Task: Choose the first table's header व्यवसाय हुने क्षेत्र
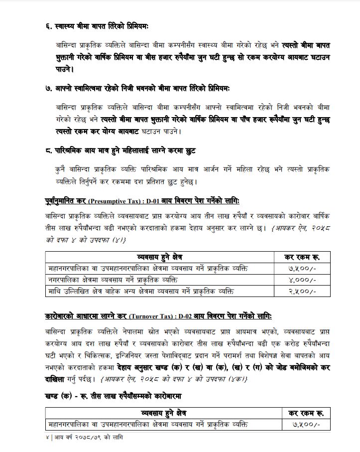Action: [x=159, y=258]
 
